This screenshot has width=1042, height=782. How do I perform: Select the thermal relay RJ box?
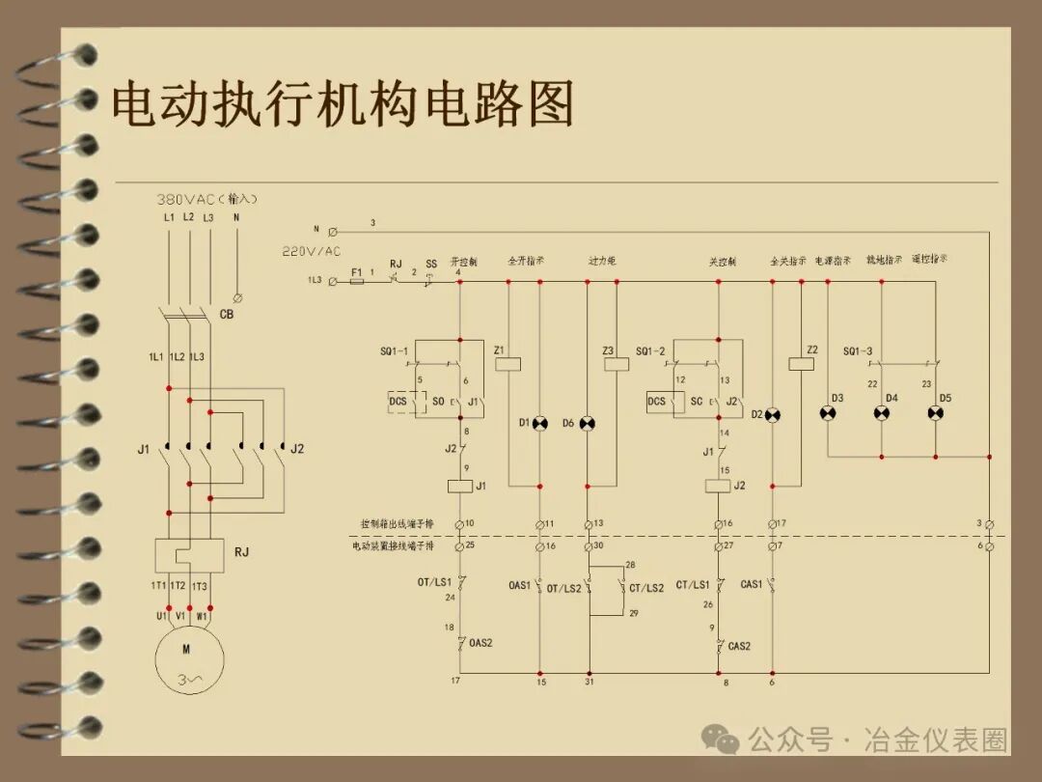(189, 555)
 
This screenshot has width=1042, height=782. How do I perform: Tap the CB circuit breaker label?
(227, 315)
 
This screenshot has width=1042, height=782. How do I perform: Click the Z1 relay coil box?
(507, 364)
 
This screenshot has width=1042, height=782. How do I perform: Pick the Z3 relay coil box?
(616, 364)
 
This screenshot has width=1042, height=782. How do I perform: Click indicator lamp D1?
(539, 423)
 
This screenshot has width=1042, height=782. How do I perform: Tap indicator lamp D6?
(588, 423)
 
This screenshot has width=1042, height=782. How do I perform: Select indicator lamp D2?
(772, 415)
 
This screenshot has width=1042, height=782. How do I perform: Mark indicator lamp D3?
(827, 413)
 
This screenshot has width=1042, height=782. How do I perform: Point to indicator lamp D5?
(935, 413)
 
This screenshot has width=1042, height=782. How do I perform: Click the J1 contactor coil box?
(459, 486)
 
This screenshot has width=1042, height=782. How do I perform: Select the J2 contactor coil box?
(718, 486)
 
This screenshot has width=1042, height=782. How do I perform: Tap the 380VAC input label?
(207, 199)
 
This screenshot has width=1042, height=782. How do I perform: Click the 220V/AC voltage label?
(311, 251)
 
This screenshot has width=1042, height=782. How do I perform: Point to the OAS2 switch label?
(480, 644)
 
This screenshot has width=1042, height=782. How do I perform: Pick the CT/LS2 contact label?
(645, 588)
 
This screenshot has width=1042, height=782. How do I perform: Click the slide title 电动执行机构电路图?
(343, 104)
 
